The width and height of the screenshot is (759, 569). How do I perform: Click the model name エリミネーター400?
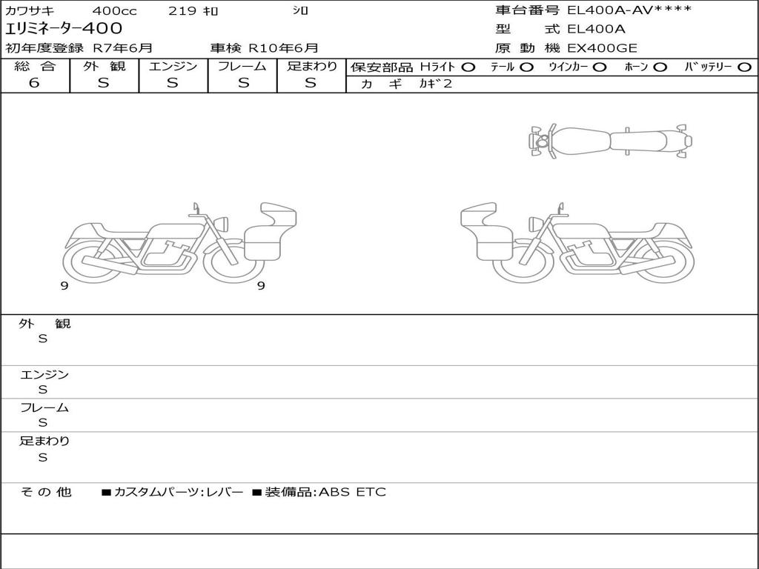[x=64, y=28]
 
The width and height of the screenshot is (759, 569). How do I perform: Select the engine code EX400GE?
[x=602, y=48]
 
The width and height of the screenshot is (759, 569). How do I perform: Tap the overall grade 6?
[x=34, y=82]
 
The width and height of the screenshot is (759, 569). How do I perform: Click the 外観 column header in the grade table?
[x=104, y=66]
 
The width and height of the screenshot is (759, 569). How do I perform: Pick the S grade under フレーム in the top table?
[x=243, y=83]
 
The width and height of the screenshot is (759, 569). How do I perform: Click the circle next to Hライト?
[x=468, y=67]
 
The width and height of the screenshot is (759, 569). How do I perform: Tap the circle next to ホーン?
[x=660, y=67]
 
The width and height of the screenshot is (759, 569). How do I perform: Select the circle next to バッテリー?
[x=744, y=67]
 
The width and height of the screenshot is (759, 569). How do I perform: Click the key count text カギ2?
[x=435, y=84]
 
